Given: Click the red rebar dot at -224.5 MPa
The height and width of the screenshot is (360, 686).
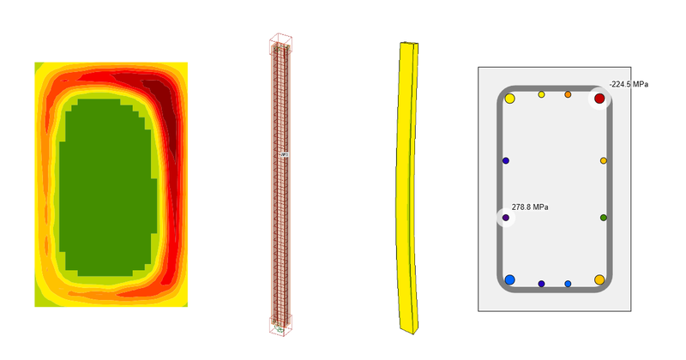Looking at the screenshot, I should tap(599, 99).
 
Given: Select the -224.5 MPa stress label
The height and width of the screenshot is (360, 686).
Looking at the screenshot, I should tap(628, 84).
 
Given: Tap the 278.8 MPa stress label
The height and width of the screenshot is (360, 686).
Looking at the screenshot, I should tap(530, 207).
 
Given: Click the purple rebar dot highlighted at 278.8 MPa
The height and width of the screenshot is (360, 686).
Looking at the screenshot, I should tap(506, 218).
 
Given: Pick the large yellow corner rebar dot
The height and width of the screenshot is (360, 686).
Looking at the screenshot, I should tap(509, 99).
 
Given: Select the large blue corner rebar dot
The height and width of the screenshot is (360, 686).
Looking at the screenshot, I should tap(509, 280).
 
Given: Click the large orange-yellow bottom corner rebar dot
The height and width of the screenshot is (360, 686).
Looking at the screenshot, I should tap(599, 279).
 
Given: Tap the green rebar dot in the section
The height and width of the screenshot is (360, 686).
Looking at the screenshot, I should tap(604, 218).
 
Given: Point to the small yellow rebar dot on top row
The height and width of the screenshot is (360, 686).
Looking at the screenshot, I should tap(541, 94).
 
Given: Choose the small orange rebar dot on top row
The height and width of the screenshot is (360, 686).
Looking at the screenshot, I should tap(568, 94).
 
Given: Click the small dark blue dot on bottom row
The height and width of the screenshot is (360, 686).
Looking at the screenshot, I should tap(541, 284).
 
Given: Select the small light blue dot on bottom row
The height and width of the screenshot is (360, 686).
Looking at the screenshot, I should tap(568, 284).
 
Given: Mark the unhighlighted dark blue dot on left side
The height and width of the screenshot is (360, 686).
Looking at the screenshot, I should tap(506, 161).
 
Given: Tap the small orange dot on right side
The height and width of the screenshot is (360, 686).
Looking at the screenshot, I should tap(604, 161).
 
